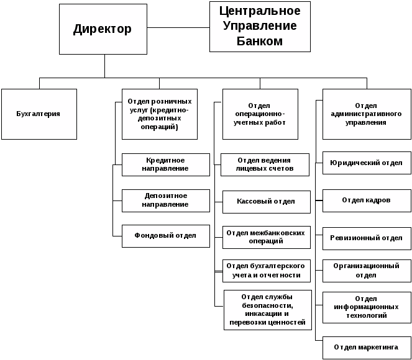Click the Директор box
tap(103, 29)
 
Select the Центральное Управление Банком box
tap(259, 27)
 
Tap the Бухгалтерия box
tap(39, 114)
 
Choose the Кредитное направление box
tap(165, 164)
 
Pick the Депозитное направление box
tap(165, 200)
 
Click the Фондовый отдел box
tap(165, 236)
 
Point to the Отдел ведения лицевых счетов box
tap(265, 164)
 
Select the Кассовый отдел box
tap(265, 201)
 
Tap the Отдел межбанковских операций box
tap(265, 236)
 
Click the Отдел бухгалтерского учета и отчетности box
tap(265, 271)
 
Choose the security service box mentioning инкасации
tap(267, 309)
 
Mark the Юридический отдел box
tap(367, 163)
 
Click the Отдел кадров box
tap(367, 200)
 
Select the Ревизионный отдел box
tap(367, 238)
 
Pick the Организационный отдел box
tap(367, 271)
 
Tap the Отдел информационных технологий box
tap(367, 307)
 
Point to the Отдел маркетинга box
tap(367, 347)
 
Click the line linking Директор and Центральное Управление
tap(178, 27)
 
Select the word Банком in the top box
tap(260, 42)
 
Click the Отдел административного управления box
tap(367, 114)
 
